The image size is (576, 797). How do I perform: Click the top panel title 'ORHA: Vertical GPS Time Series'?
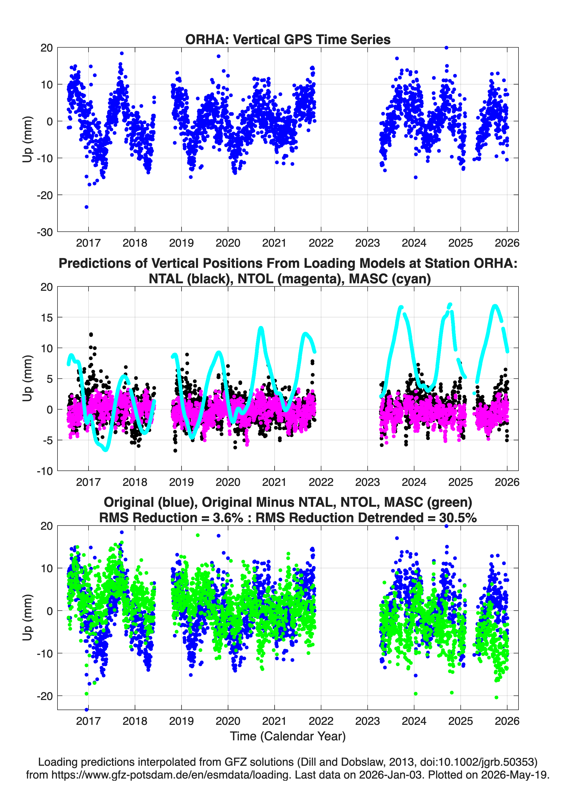pyautogui.click(x=288, y=39)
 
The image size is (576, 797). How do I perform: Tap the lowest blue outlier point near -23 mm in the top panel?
pyautogui.click(x=86, y=207)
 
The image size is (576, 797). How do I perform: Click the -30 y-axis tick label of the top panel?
pyautogui.click(x=45, y=232)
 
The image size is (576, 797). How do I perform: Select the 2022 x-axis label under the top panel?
pyautogui.click(x=321, y=243)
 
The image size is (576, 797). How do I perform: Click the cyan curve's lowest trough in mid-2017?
pyautogui.click(x=106, y=450)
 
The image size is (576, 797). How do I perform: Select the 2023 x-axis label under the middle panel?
pyautogui.click(x=367, y=482)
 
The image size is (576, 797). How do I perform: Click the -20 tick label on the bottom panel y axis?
pyautogui.click(x=45, y=696)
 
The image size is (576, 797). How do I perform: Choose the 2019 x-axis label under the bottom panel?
pyautogui.click(x=182, y=721)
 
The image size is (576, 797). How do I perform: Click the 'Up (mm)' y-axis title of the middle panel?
pyautogui.click(x=28, y=378)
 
